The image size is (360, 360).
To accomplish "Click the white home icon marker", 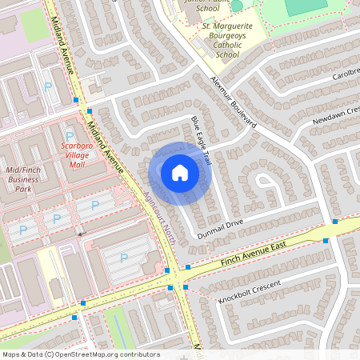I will [180, 173].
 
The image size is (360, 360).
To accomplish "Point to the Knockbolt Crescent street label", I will [251, 291].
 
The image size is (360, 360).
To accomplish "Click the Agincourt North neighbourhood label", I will [156, 195].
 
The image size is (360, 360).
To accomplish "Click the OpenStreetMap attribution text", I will [81, 354].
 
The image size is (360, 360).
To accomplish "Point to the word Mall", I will [77, 164].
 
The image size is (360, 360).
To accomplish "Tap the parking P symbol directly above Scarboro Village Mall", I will [70, 135].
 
